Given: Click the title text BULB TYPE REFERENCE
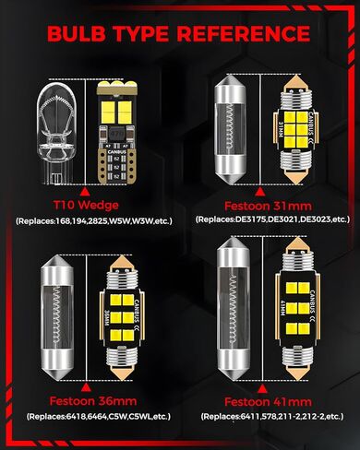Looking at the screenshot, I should [180, 33].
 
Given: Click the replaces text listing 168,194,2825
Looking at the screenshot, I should [90, 221].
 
